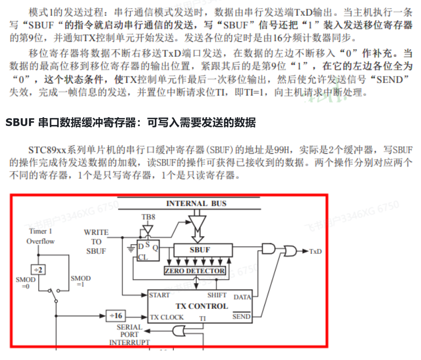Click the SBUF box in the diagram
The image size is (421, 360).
[x=200, y=250]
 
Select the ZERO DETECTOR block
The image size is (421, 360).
[x=195, y=271]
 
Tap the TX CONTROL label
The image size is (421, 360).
[x=202, y=306]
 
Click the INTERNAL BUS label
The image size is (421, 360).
[x=196, y=203]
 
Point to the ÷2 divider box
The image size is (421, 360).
[x=38, y=270]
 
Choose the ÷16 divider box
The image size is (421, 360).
[x=116, y=316]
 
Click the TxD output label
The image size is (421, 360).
[x=315, y=251]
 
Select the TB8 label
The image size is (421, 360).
[x=148, y=217]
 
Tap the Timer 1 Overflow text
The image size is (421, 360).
[x=40, y=236]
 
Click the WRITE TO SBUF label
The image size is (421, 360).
[x=96, y=242]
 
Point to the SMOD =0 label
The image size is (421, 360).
[x=25, y=283]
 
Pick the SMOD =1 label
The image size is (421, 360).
[x=81, y=281]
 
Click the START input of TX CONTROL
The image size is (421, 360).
[x=160, y=295]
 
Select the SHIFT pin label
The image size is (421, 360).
[x=217, y=295]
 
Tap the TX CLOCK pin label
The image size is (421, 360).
[x=167, y=317]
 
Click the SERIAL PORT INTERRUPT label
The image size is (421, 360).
[x=129, y=334]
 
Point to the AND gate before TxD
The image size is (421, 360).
[x=268, y=248]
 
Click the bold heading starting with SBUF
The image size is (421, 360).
[x=130, y=123]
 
